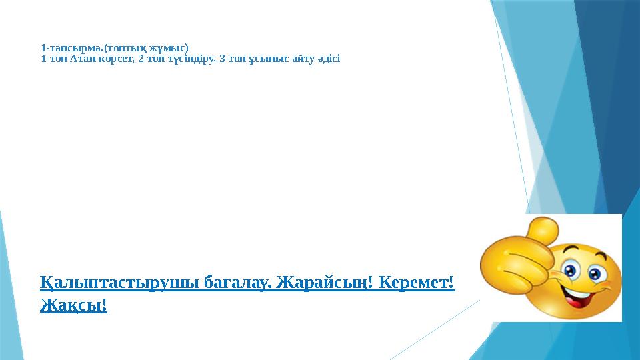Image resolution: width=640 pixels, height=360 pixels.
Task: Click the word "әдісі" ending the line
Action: tap(327, 59)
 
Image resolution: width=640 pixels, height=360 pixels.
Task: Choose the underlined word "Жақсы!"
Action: tap(73, 305)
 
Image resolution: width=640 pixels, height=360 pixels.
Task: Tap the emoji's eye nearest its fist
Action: tap(571, 271)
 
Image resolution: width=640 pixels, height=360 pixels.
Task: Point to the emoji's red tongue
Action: tap(575, 301)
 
